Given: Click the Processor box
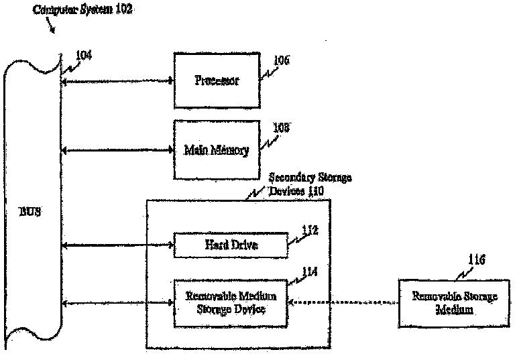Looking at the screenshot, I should click(217, 80).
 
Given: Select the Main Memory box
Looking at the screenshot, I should click(217, 149).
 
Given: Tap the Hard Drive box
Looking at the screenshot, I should click(231, 245).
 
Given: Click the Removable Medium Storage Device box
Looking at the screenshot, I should click(231, 303).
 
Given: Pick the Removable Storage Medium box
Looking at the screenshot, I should click(445, 304).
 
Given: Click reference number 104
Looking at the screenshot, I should click(83, 55).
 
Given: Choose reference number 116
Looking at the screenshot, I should click(477, 259).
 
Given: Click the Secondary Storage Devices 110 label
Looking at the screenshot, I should click(309, 184).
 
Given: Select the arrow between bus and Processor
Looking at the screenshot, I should click(117, 82).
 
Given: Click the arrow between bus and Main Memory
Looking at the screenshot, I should click(117, 151).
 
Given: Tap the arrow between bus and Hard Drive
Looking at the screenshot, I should click(117, 245).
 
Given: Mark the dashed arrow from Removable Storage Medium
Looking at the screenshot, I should click(342, 304).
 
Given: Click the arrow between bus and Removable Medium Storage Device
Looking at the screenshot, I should click(117, 304).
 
